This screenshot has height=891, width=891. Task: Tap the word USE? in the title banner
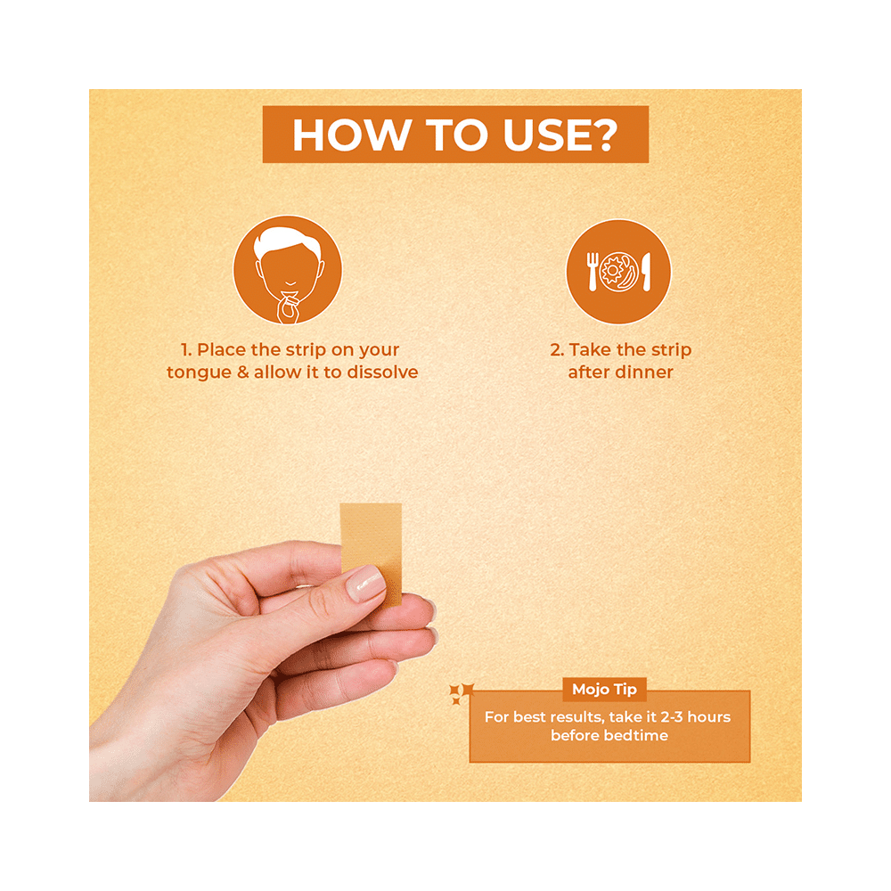point(560,135)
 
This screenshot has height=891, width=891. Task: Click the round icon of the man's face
point(288,269)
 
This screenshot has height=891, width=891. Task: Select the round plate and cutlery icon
point(618,272)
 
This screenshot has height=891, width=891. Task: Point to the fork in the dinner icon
point(593,272)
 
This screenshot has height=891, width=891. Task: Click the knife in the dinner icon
point(646,272)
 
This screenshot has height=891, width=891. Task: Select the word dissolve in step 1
point(382,372)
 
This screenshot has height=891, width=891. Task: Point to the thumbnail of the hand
point(365,583)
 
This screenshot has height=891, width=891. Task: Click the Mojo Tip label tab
point(605,690)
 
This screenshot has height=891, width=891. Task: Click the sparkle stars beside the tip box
point(461,693)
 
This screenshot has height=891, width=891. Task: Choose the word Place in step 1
point(222,349)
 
